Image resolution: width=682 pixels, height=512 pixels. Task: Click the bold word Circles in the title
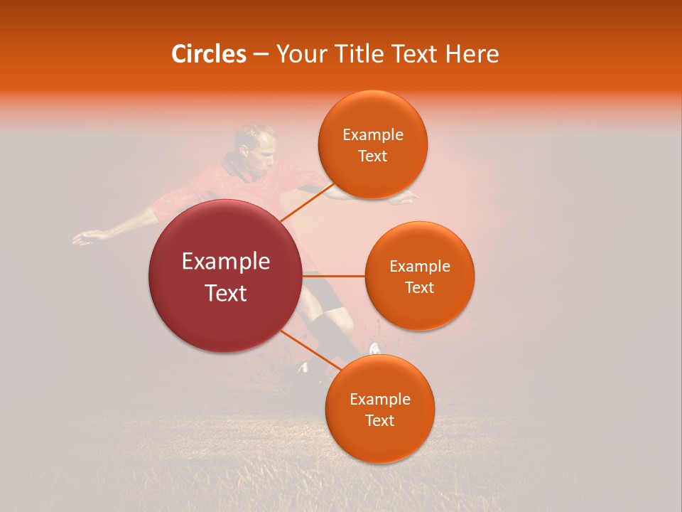[x=208, y=54]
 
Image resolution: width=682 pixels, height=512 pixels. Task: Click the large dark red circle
[x=226, y=276]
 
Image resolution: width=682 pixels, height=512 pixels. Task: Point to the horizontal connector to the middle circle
[x=334, y=275]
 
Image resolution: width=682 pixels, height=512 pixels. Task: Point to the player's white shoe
[x=374, y=348]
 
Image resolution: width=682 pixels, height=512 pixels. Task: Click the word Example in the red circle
[x=226, y=262]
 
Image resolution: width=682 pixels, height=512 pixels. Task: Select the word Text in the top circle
[x=372, y=156]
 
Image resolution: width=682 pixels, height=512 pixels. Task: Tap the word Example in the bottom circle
[x=379, y=400]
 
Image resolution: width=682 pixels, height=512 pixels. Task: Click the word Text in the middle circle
[x=419, y=287]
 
